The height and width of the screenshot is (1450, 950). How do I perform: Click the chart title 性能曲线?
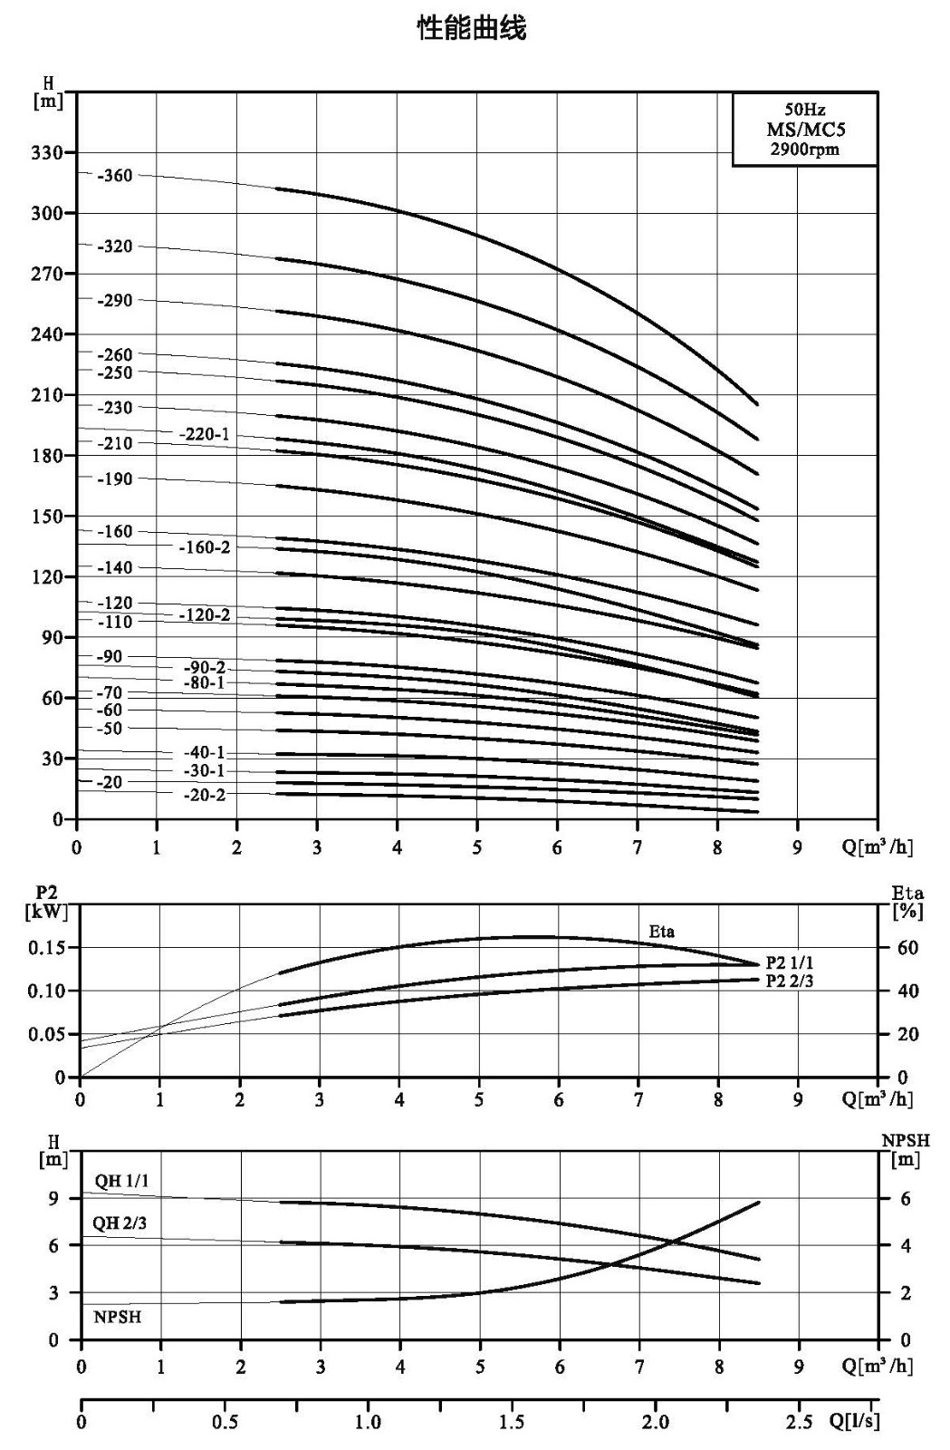472,29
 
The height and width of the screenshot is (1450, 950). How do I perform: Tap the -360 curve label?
114,176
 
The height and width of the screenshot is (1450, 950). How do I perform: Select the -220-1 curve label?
205,434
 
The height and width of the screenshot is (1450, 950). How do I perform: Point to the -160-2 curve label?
205,547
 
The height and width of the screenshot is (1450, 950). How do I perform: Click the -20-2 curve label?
205,795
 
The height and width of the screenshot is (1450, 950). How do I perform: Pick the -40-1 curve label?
205,752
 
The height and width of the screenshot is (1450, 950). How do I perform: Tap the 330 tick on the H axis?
47,153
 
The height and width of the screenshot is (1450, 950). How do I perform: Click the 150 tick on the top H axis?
47,517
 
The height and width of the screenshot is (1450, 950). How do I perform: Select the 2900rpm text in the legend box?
804,150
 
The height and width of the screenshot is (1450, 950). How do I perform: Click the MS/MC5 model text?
805,130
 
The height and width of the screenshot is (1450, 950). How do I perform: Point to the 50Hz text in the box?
804,110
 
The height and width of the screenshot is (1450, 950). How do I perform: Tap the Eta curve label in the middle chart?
662,932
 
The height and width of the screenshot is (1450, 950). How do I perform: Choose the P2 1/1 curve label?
790,962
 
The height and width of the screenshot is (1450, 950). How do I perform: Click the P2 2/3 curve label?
790,981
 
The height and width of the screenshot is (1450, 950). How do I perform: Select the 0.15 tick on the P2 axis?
46,948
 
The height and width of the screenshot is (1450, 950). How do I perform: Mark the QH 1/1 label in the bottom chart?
121,1181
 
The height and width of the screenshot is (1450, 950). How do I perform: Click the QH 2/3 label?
120,1223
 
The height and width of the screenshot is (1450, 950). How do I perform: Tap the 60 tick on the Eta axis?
907,948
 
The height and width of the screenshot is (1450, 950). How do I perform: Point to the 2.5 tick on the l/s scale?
800,1423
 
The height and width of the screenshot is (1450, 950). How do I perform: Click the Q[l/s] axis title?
854,1422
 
